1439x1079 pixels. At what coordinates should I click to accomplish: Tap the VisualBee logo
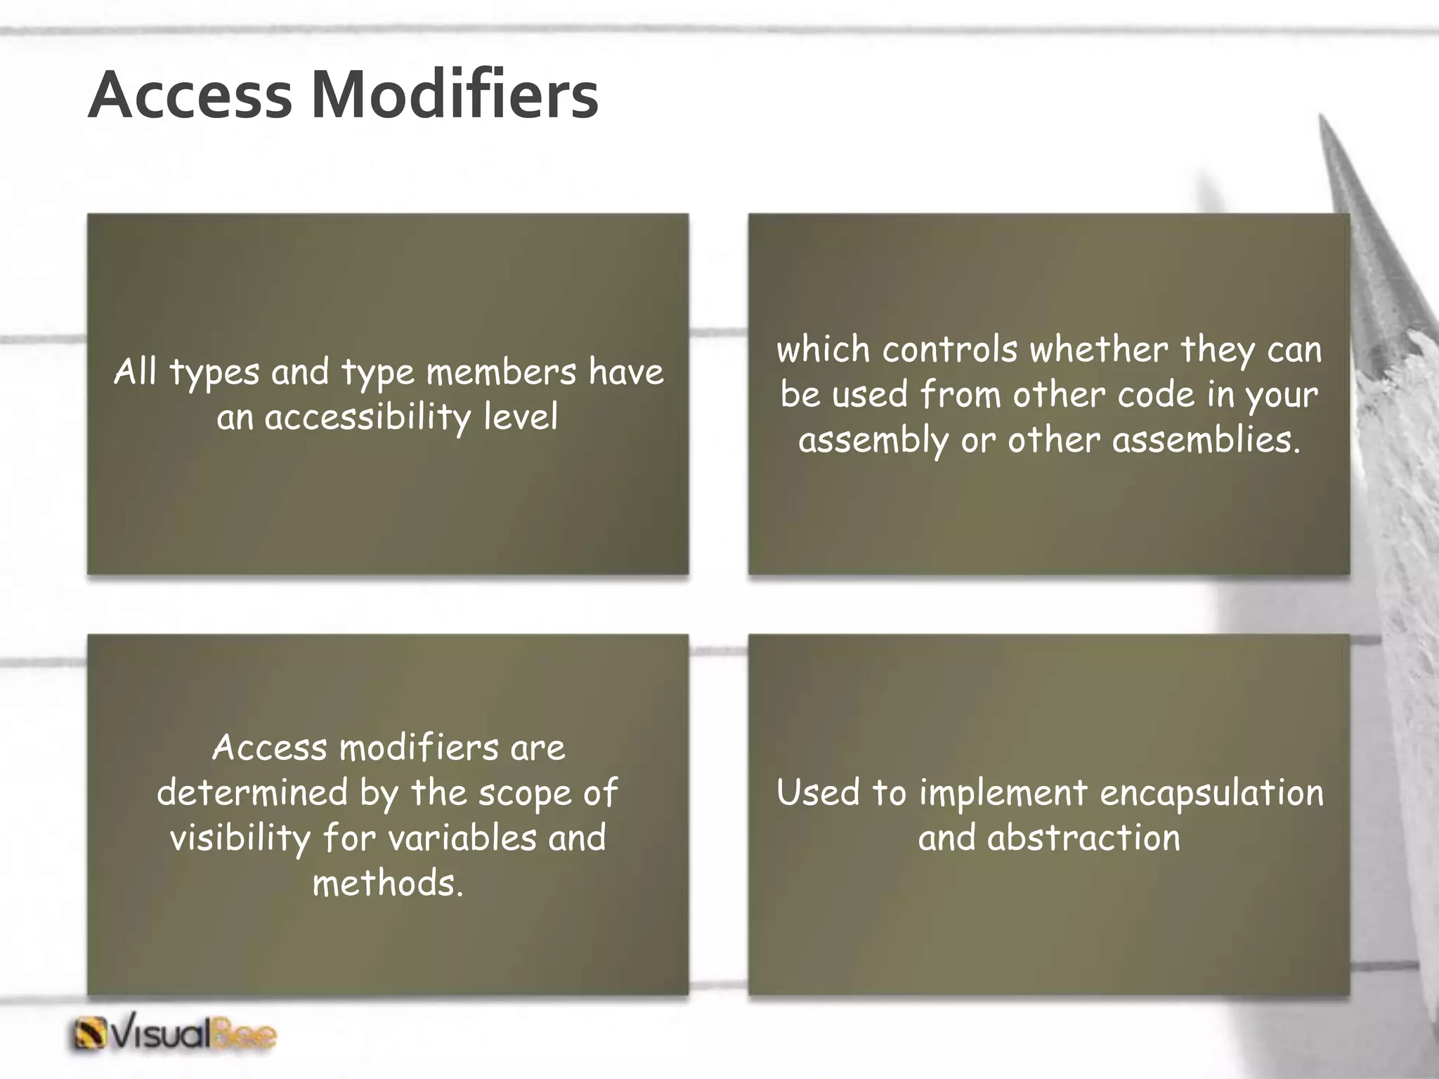point(174,1035)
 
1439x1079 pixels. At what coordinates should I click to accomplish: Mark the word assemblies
point(1206,440)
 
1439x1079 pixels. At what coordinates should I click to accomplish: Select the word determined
point(252,792)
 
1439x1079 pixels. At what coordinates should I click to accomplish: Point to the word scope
point(525,794)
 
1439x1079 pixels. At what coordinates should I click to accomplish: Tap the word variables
point(462,837)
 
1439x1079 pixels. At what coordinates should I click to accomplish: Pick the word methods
point(388,883)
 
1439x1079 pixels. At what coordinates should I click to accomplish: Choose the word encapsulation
point(1211,793)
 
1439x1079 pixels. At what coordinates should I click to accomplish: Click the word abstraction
point(1083,838)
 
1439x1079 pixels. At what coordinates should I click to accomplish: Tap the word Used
point(818,792)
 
